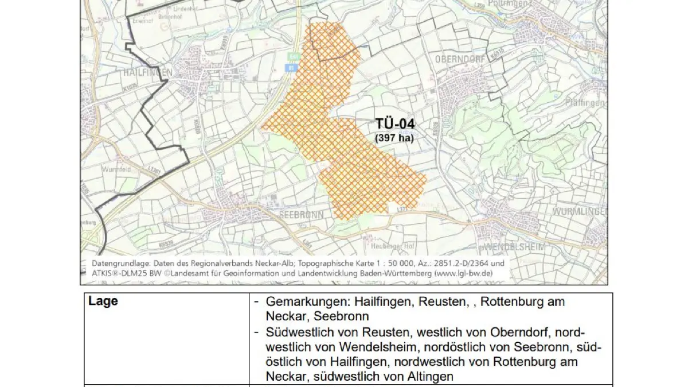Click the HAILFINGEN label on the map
pos(148,73)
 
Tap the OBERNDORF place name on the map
pos(461,60)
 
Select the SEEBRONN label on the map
pos(301,215)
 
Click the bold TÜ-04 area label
pos(395,124)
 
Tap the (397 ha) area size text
pos(394,138)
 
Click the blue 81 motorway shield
pos(291,68)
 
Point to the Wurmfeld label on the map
pos(116,170)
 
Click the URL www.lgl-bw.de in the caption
pos(463,273)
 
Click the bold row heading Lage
pos(103,301)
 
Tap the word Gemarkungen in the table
pos(307,302)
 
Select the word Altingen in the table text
pos(433,377)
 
